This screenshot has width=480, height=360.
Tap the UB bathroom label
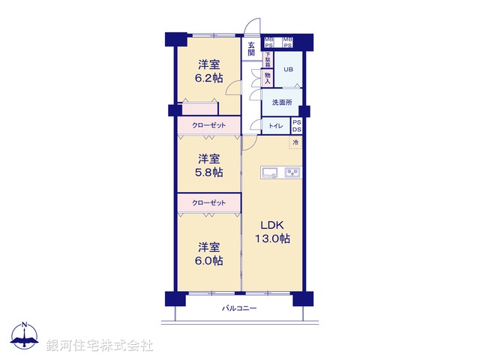point(288,70)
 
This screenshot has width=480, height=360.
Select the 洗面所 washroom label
point(282,102)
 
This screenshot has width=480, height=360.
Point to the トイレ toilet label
point(275,126)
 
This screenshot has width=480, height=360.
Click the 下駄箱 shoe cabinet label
point(267,58)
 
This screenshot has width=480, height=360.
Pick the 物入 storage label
point(267,77)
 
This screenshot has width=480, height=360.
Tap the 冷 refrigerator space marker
point(296,142)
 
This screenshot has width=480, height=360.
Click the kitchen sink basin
point(270,172)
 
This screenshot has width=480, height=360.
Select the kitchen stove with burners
point(292,172)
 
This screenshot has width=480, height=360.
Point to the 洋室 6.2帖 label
point(210,71)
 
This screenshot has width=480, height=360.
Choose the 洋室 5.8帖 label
point(210,165)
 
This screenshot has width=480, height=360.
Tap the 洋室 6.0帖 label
point(210,253)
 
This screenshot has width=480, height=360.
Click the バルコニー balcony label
point(239,308)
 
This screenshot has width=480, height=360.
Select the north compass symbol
point(25,337)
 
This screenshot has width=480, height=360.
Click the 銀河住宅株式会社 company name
point(100,346)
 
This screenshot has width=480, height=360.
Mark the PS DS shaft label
point(296,125)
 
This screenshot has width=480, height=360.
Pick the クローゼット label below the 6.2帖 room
point(208,125)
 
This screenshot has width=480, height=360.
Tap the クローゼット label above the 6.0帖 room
point(208,202)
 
